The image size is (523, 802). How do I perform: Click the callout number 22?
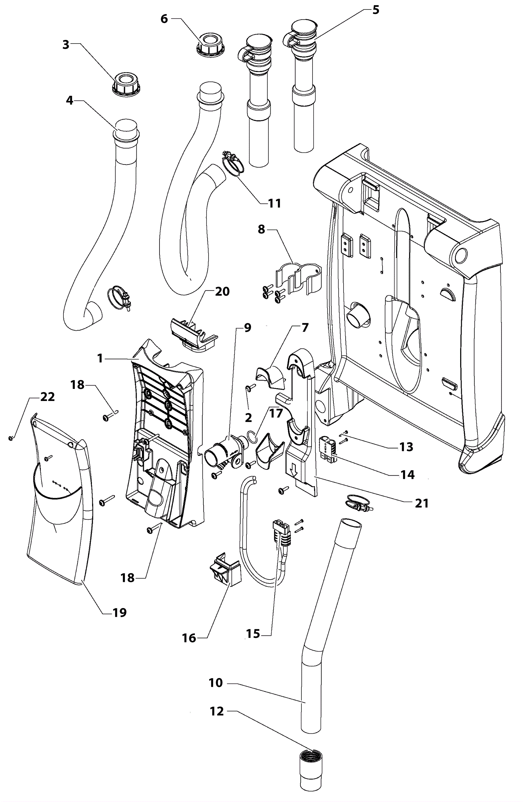(x=47, y=397)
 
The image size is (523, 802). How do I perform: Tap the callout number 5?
(x=376, y=10)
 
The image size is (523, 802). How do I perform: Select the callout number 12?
(x=216, y=711)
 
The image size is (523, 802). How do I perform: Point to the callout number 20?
(x=222, y=291)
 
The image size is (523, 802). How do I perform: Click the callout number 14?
(x=408, y=475)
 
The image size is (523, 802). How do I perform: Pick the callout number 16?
(x=189, y=638)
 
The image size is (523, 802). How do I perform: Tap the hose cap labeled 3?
(x=126, y=85)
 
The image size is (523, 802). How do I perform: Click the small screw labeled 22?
(x=11, y=438)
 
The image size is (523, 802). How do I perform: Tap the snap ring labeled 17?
(x=252, y=436)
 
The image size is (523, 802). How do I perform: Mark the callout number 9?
(x=247, y=327)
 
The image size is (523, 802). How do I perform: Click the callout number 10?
(x=216, y=682)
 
